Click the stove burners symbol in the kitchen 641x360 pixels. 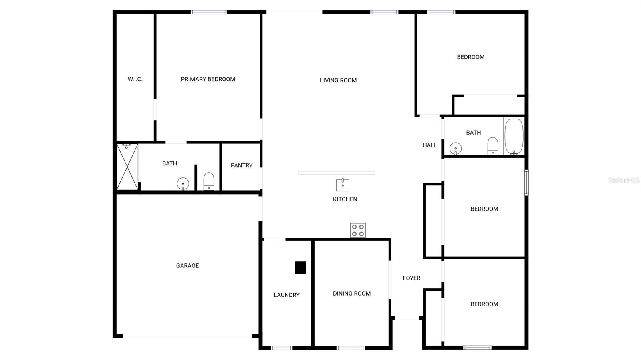[358, 230]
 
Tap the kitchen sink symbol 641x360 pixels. [343, 185]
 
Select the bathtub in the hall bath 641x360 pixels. [514, 136]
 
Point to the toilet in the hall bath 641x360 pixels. [492, 146]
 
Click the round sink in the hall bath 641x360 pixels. [456, 149]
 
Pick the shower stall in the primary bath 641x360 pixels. [127, 167]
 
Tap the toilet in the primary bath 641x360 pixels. [209, 181]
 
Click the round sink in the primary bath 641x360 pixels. [183, 184]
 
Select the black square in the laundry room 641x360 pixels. [300, 267]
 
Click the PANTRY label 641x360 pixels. [242, 165]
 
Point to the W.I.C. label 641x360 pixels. [135, 79]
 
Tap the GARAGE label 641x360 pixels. [187, 266]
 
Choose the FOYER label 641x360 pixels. [411, 278]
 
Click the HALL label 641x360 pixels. [430, 145]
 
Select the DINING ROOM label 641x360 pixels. [352, 294]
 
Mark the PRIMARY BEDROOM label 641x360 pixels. [208, 79]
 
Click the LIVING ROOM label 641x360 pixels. [338, 80]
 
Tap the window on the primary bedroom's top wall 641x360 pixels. [209, 12]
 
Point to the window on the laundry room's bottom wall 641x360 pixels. [282, 348]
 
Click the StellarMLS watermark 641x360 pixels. [623, 180]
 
